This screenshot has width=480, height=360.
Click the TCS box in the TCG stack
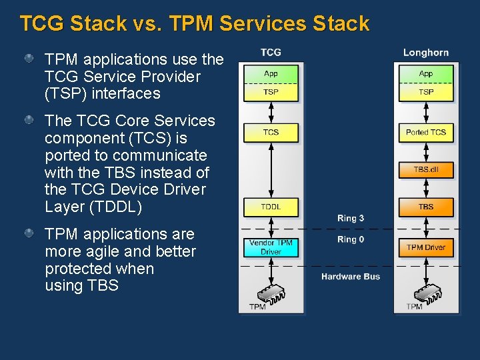(x=271, y=132)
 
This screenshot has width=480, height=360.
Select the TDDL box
(x=271, y=207)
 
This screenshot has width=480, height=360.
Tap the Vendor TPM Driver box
(x=271, y=247)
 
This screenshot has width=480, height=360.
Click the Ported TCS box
(x=426, y=132)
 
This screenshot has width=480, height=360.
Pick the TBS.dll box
(x=426, y=169)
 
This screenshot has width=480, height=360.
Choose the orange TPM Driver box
(x=426, y=247)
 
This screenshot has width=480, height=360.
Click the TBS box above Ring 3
(x=426, y=207)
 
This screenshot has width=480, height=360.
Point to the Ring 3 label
(x=351, y=219)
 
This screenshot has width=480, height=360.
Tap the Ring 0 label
(x=351, y=239)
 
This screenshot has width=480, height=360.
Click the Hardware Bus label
(x=351, y=277)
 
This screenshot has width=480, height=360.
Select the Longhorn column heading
(x=426, y=53)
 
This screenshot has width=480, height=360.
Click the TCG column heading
(x=271, y=53)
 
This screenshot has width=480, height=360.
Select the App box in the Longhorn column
(x=426, y=73)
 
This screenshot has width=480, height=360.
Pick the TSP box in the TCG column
(x=271, y=92)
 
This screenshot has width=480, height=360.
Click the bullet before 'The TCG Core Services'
(x=29, y=120)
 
